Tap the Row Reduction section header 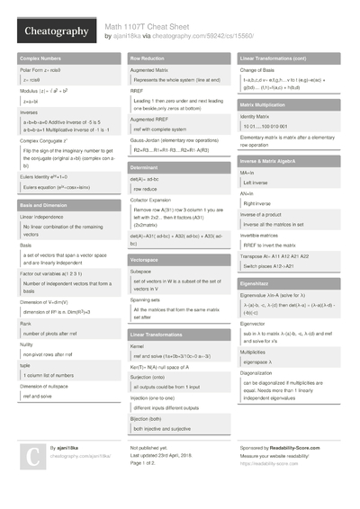click(x=148, y=58)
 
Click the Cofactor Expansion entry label click(x=153, y=201)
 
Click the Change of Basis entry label click(x=260, y=69)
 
